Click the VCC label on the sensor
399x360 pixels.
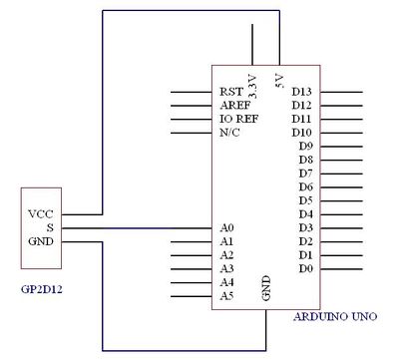click(x=41, y=213)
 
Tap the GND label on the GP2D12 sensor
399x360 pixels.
click(x=41, y=241)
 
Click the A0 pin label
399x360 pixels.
click(x=226, y=228)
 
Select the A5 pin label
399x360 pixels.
click(x=226, y=296)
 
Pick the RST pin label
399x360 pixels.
click(x=230, y=92)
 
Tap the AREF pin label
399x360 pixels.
click(x=233, y=105)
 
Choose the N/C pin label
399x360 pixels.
click(x=229, y=132)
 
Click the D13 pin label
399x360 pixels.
click(x=302, y=92)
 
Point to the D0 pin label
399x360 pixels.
click(x=305, y=268)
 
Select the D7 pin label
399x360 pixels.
click(x=305, y=173)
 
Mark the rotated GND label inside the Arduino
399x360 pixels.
click(x=266, y=287)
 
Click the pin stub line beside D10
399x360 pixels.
click(x=340, y=133)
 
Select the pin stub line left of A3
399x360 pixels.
click(x=191, y=269)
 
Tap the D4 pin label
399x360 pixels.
click(x=305, y=213)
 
